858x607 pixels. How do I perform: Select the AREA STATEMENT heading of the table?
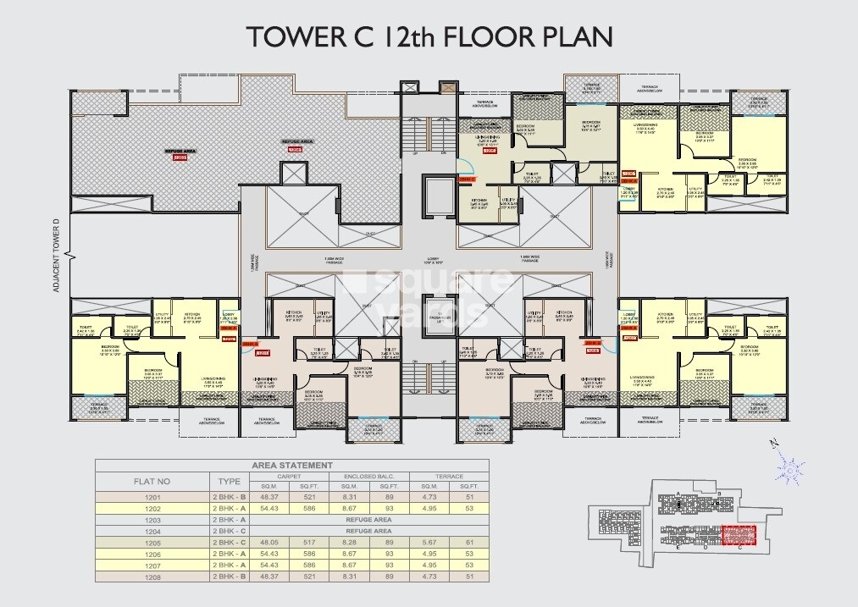tap(292, 466)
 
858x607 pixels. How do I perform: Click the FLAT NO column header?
tap(153, 481)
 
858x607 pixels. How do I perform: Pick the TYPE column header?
tap(230, 481)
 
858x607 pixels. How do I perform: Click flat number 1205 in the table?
tap(152, 541)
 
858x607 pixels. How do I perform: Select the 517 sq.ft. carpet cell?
tap(310, 541)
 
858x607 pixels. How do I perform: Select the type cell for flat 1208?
tap(230, 576)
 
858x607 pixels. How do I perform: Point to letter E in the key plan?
tap(679, 548)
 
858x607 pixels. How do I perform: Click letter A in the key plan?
tap(678, 494)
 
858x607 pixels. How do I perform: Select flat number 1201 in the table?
tap(152, 496)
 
